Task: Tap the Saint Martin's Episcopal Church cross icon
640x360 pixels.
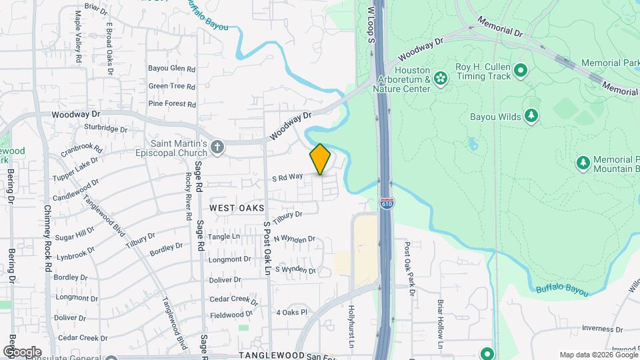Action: [217, 146]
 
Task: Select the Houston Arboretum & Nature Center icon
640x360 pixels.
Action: [440, 79]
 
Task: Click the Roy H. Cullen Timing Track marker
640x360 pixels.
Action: [521, 70]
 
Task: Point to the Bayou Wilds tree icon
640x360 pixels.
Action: [531, 116]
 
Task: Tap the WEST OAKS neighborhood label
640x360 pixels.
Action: [233, 208]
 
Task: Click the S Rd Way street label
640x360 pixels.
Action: [287, 177]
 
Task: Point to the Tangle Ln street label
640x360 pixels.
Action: [224, 237]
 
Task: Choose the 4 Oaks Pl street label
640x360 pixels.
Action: [291, 312]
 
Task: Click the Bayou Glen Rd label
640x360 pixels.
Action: [171, 69]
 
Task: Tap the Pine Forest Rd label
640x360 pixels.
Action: [172, 104]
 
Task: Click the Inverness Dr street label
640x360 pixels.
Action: [601, 328]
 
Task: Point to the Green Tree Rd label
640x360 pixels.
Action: [171, 86]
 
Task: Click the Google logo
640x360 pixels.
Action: [22, 351]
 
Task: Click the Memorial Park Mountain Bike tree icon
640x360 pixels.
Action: [583, 162]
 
